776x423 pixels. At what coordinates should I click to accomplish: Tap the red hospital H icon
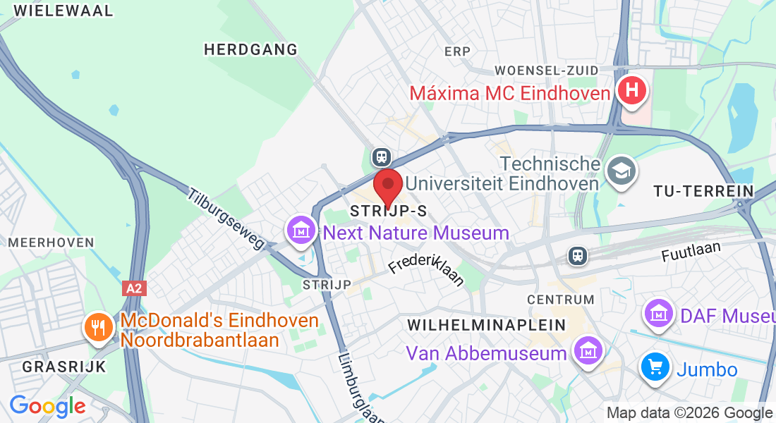(x=631, y=91)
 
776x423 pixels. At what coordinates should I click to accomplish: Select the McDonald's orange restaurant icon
(x=98, y=327)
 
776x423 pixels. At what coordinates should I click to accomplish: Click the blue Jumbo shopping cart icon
(x=655, y=367)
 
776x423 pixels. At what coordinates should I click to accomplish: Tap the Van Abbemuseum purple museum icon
(x=587, y=350)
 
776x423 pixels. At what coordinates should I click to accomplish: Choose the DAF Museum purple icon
(x=660, y=311)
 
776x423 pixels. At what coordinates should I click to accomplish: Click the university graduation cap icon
(x=622, y=171)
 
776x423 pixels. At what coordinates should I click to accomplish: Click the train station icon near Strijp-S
(x=382, y=156)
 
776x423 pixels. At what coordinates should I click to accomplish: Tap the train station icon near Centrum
(x=578, y=255)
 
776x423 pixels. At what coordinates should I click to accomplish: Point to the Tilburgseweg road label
(x=226, y=219)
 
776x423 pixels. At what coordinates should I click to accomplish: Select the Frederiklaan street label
(x=427, y=271)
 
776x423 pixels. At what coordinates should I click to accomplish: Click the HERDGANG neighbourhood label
(x=250, y=49)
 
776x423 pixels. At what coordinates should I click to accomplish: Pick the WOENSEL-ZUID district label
(x=547, y=70)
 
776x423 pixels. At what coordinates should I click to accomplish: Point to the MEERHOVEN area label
(x=51, y=243)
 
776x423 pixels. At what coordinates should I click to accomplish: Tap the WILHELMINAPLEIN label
(x=487, y=325)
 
